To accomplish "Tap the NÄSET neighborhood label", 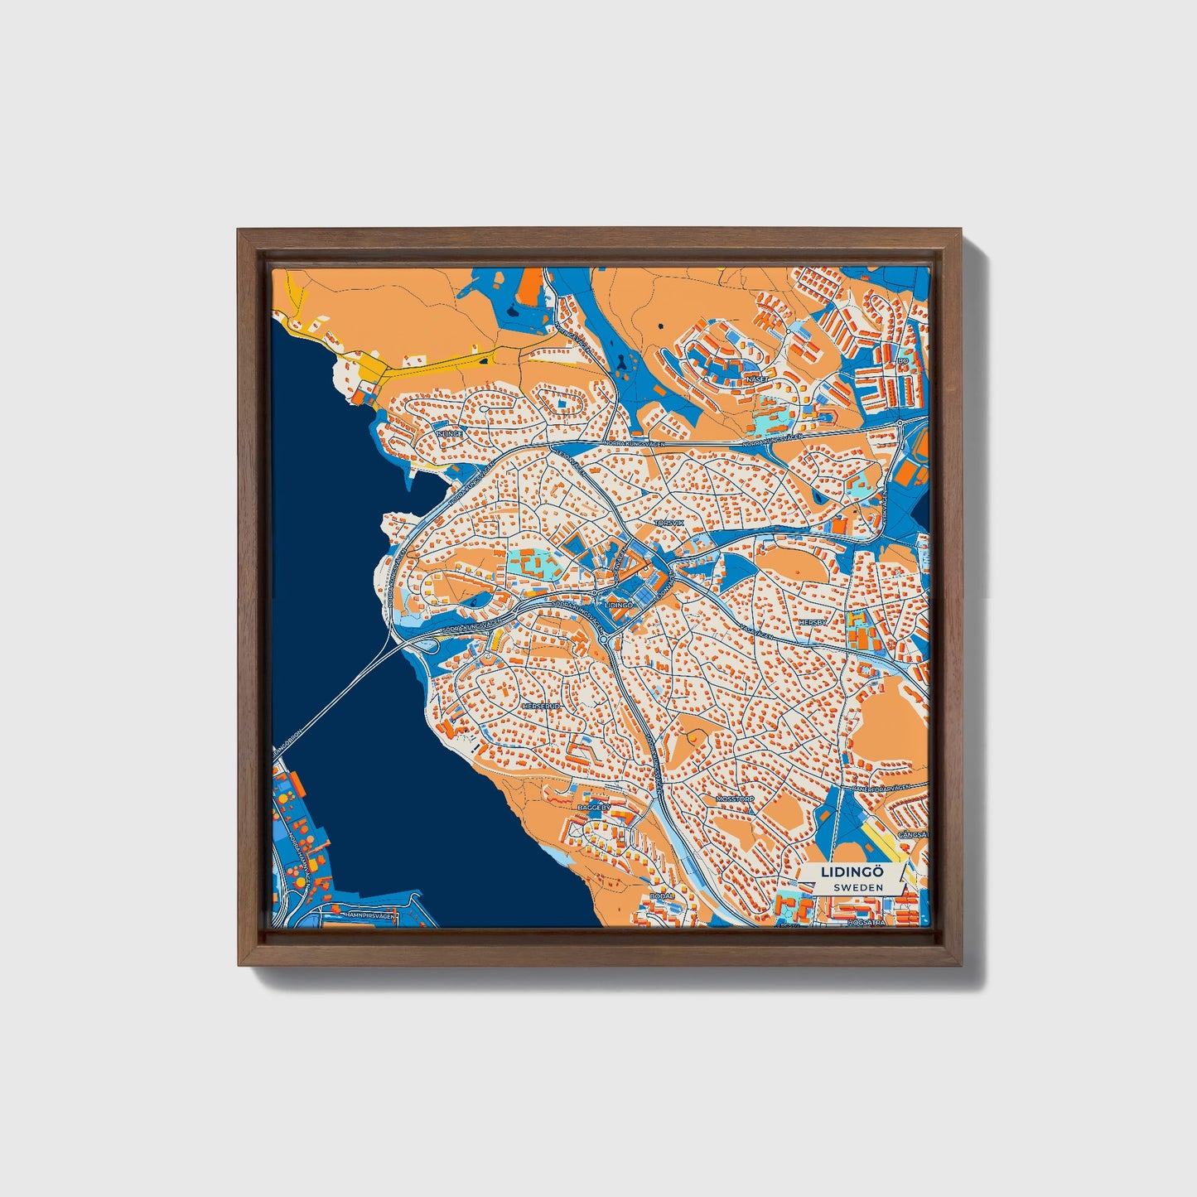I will [x=757, y=378].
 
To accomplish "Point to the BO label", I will [x=903, y=361].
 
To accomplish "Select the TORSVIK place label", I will [x=669, y=524].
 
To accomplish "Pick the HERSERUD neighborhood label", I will [x=543, y=706].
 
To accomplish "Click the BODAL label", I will [x=663, y=895].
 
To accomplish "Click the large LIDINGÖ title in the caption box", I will [x=852, y=872].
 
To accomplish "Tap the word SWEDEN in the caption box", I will [x=858, y=886].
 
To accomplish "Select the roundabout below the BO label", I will [x=900, y=423].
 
